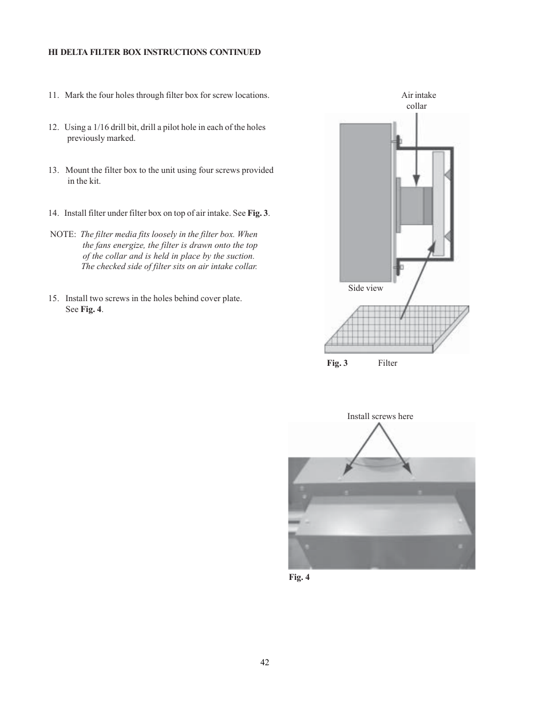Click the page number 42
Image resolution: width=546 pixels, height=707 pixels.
coord(264,662)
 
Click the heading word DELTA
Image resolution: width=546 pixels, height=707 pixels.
coord(76,52)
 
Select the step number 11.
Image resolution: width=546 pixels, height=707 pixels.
coord(53,96)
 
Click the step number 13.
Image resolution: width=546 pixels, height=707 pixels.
coord(53,171)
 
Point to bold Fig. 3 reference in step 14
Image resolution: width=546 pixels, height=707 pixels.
coord(258,214)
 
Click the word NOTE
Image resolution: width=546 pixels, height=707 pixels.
coord(62,235)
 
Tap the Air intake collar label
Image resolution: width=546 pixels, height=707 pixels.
coord(418,101)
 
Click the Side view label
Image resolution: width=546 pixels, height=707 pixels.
coord(365,288)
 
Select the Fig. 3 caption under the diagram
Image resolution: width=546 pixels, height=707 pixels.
coord(337,364)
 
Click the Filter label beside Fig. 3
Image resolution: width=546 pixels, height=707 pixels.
coord(387,364)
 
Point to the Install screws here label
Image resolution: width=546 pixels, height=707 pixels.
coord(380,417)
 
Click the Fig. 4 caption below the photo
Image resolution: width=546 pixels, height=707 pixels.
coord(299,577)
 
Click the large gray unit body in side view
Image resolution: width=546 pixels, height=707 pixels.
coord(365,200)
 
